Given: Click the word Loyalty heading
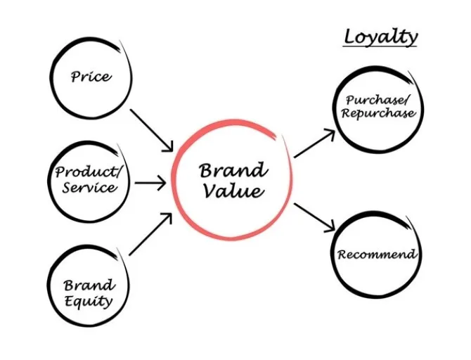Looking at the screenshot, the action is tap(380, 37).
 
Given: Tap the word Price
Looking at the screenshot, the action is tap(91, 76).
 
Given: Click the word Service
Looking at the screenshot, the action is tap(89, 188).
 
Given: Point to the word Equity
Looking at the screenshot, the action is tap(88, 302).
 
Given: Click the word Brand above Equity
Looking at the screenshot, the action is tap(89, 285).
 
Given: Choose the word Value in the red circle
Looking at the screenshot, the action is tap(233, 191).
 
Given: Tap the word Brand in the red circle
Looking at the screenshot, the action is tap(233, 170).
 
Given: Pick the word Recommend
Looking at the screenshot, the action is tap(376, 254).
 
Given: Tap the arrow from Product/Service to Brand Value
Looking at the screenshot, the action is tap(150, 183).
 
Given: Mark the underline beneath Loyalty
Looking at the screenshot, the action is tap(380, 46).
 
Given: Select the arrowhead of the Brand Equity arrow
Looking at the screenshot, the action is tap(168, 217).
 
